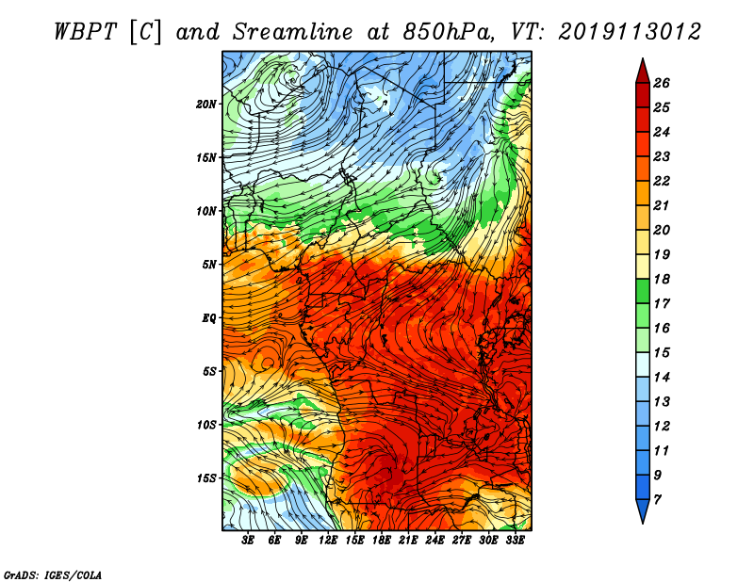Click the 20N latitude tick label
pos(205,105)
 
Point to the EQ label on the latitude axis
pos(209,318)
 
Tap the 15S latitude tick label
pos(206,478)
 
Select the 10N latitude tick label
pos(206,211)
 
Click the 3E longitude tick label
pos(248,541)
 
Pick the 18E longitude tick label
pos(382,541)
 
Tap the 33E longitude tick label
pos(515,541)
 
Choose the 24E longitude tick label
pos(434,541)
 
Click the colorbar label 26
pos(662,83)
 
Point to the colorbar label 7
pos(657,499)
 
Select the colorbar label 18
pos(662,279)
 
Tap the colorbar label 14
pos(662,378)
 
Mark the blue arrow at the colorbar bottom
pos(643,509)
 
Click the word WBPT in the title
pos(86,32)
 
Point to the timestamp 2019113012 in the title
pos(630,32)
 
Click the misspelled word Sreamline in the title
pos(293,32)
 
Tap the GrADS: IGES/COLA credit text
pos(53,575)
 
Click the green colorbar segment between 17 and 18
pos(643,291)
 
